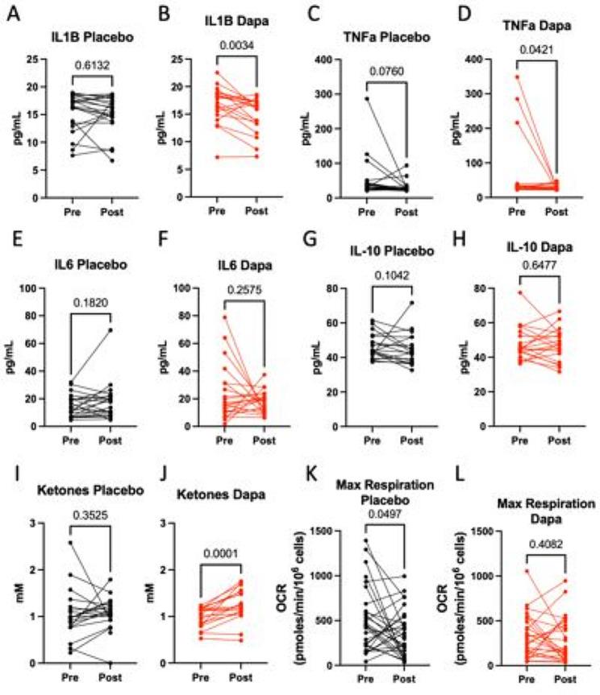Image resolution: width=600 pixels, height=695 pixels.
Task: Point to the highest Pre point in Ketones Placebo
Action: click(73, 543)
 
